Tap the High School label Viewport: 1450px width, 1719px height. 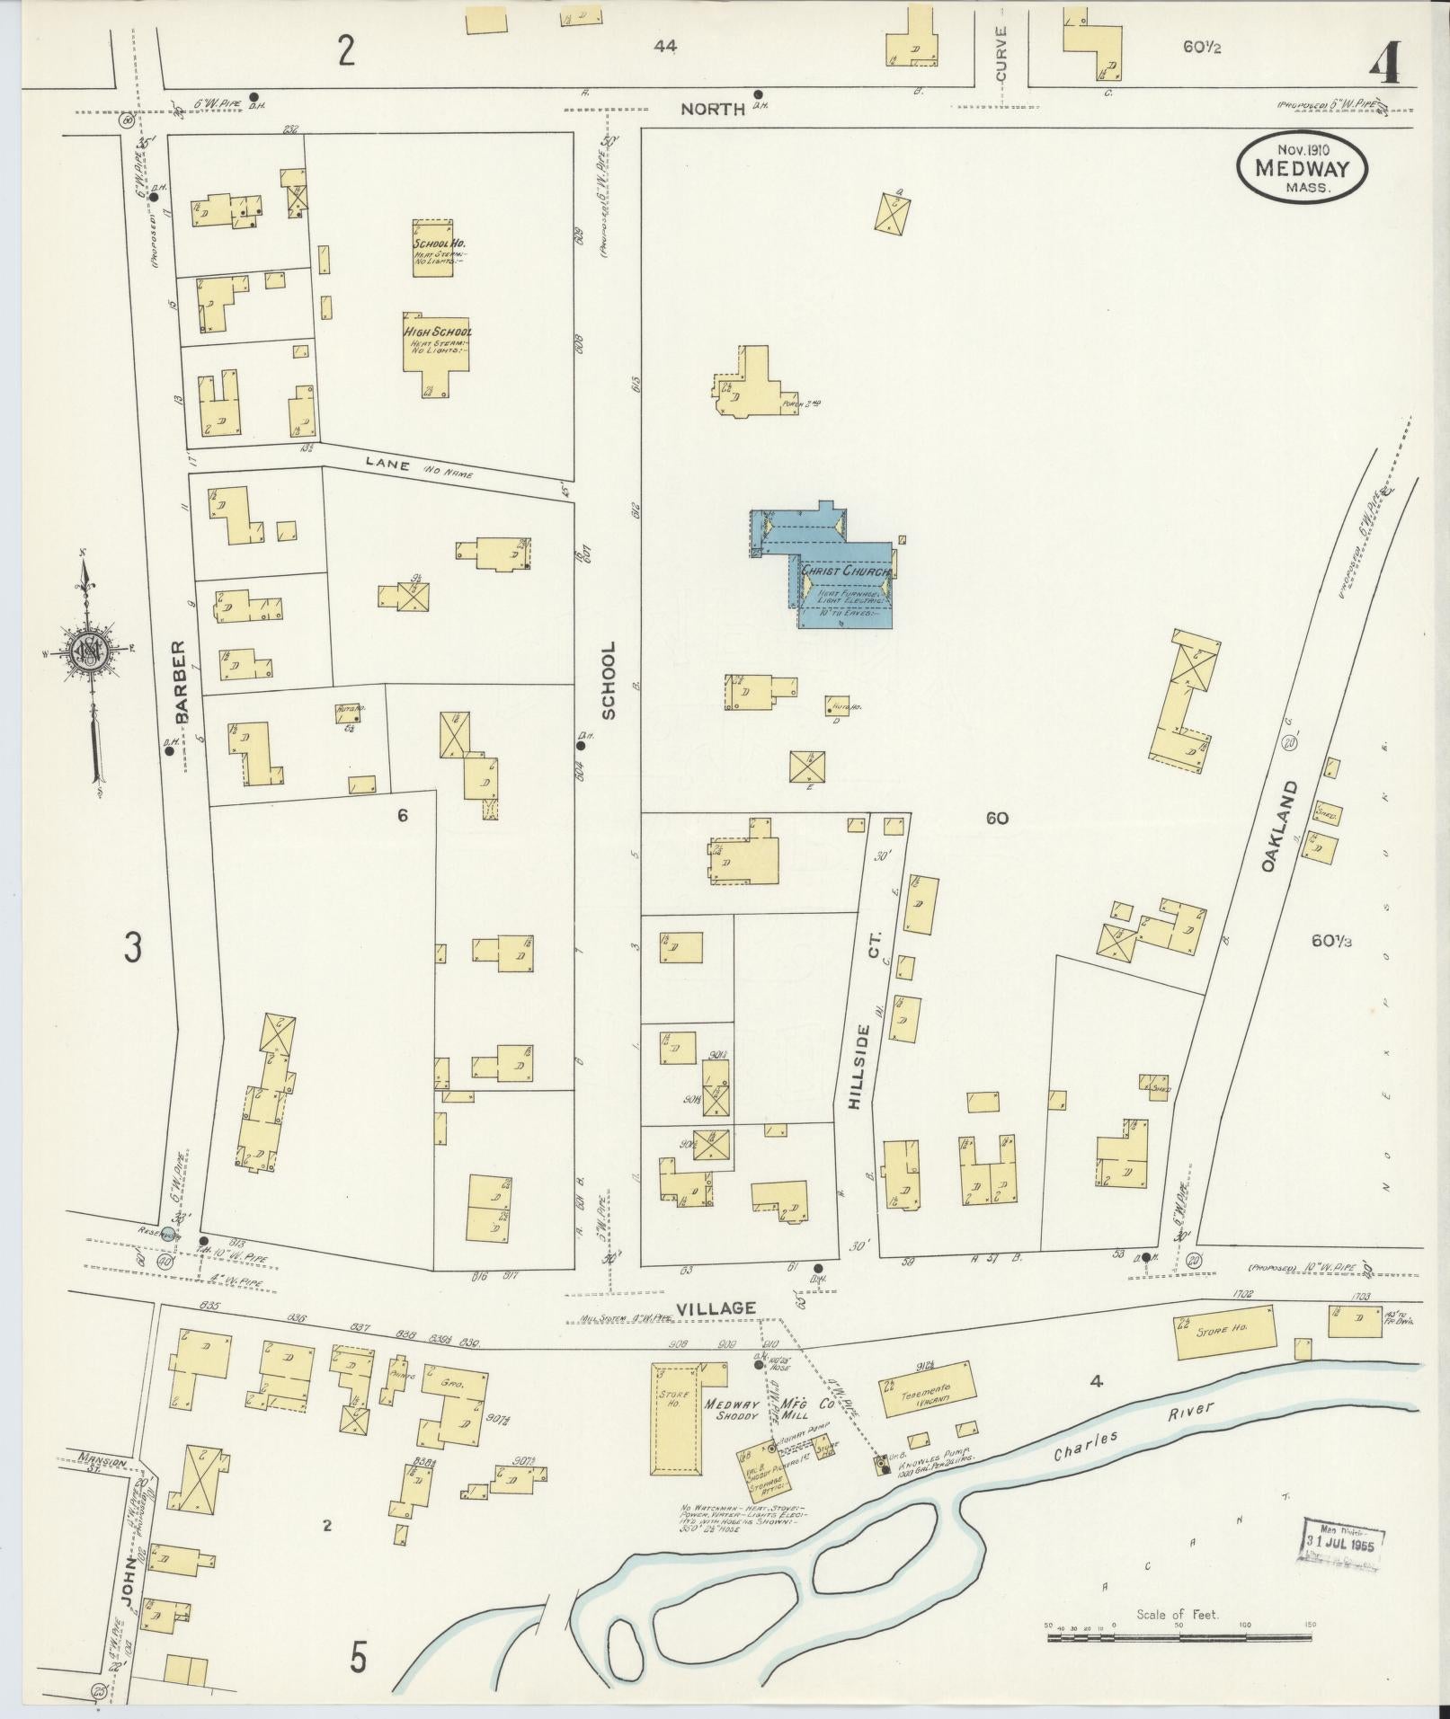438,332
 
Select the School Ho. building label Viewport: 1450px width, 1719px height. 439,244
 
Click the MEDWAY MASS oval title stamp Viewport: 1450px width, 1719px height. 1301,168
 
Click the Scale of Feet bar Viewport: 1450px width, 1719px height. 1179,1637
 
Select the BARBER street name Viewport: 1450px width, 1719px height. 181,681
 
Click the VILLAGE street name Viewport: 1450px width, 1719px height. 717,1308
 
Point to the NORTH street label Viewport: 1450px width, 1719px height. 712,110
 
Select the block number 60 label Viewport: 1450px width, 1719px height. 996,819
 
